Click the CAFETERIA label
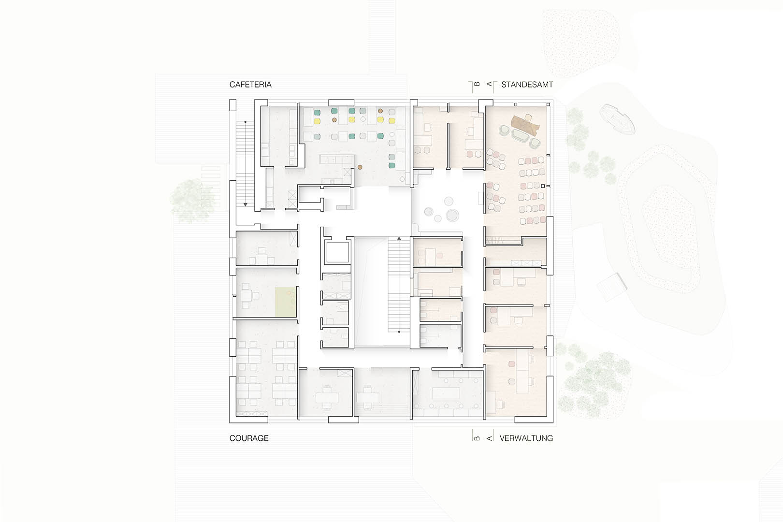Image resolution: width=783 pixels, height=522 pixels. (x=250, y=85)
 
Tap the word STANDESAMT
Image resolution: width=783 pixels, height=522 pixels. (x=527, y=85)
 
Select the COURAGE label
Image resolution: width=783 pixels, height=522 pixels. (x=249, y=438)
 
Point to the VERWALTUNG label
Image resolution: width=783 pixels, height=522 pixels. (x=526, y=438)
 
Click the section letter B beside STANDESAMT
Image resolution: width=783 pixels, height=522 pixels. (x=477, y=84)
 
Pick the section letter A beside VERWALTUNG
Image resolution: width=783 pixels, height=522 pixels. (x=489, y=438)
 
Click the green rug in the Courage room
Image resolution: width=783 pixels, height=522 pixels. (x=286, y=302)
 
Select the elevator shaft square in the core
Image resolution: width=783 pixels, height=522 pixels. (x=337, y=252)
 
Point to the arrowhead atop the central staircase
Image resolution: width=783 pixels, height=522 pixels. (x=399, y=238)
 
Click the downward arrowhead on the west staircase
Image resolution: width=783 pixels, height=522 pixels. (x=246, y=204)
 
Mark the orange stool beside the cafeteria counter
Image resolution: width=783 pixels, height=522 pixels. (x=360, y=167)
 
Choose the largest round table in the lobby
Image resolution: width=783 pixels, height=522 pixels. (x=452, y=216)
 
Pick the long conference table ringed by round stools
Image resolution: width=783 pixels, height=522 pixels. (x=446, y=393)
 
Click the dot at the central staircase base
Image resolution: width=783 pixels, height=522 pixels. (x=399, y=332)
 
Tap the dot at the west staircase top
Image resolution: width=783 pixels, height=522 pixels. (x=246, y=122)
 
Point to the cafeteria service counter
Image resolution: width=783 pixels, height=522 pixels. (x=336, y=159)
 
